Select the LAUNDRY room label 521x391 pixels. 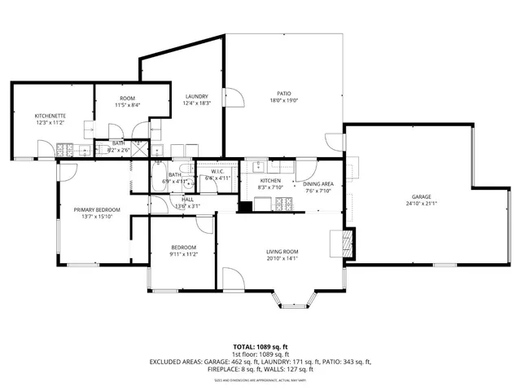click(x=196, y=96)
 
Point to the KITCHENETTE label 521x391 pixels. click(x=49, y=116)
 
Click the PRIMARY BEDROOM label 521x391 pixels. click(x=96, y=209)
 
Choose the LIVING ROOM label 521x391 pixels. click(x=282, y=252)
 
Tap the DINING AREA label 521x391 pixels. click(x=318, y=184)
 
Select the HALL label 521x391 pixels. click(x=187, y=199)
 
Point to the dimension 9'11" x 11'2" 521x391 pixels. click(x=183, y=254)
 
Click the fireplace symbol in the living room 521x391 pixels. click(x=346, y=242)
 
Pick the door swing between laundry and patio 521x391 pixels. click(x=234, y=99)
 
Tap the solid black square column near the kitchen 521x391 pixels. click(x=243, y=207)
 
